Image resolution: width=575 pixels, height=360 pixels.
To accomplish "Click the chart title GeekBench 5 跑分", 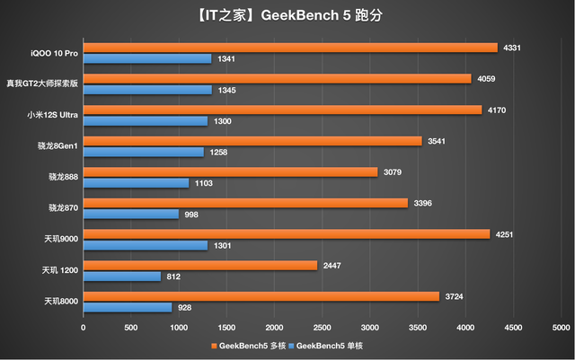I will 287,13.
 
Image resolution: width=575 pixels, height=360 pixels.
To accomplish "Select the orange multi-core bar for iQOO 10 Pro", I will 289,48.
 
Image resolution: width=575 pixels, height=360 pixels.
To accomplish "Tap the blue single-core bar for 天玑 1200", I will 121,277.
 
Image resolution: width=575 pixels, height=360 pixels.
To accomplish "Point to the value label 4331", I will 513,48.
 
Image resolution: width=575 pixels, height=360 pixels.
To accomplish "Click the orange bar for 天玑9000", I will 286,234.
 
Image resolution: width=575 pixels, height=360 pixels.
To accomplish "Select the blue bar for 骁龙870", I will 130,215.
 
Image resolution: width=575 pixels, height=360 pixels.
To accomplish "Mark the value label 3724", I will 456,296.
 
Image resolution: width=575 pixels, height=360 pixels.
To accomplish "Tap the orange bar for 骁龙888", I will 230,171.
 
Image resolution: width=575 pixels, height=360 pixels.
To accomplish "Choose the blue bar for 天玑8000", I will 127,308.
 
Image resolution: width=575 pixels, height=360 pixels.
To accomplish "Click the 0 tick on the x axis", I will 83,328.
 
